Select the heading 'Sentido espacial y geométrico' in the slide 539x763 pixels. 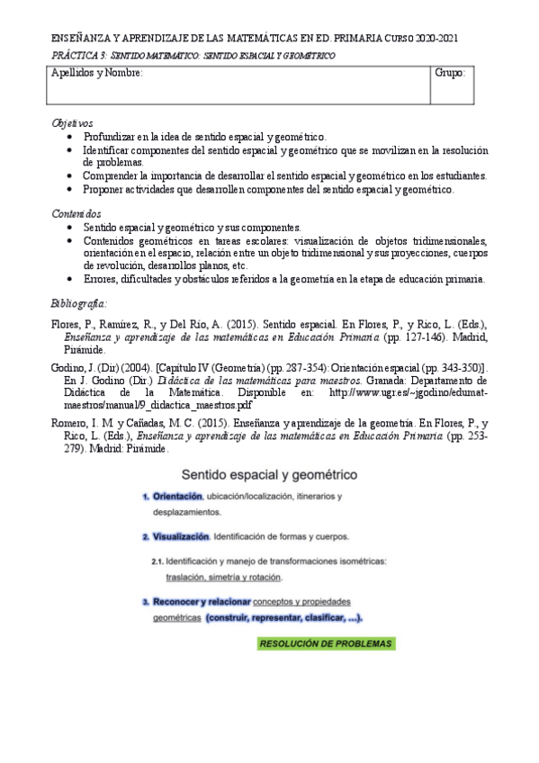[269, 473]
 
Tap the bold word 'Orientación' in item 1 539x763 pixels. [177, 496]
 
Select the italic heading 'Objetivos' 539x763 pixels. [72, 122]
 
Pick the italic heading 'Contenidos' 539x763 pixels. [76, 213]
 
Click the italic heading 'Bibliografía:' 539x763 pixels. [79, 302]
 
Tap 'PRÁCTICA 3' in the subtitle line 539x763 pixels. [72, 56]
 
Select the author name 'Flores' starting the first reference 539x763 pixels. [66, 322]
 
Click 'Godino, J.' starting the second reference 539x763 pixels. [75, 367]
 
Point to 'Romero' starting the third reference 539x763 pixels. [68, 422]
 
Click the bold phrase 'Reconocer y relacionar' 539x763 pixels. [200, 600]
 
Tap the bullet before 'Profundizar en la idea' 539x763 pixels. [71, 137]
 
